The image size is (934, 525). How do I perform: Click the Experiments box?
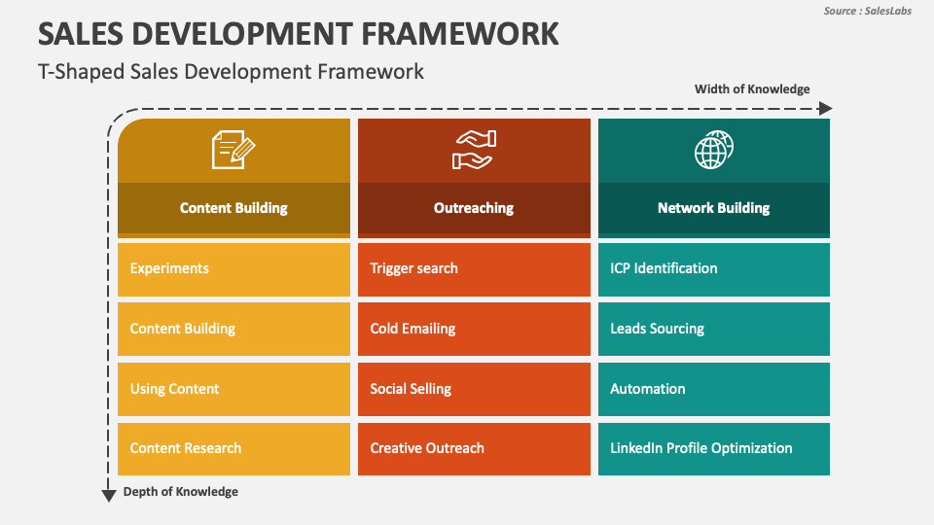coord(233,269)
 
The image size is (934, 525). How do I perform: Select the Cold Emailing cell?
coord(474,329)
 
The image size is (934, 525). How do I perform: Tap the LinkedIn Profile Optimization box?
coord(713,448)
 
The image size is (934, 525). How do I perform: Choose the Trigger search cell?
coord(474,269)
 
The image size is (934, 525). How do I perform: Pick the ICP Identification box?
coord(713,269)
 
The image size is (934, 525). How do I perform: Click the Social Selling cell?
coord(474,389)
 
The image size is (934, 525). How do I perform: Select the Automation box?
coord(713,389)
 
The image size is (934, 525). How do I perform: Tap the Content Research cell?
coord(233,448)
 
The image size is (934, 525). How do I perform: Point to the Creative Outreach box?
coord(474,448)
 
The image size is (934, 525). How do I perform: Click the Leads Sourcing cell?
coord(713,329)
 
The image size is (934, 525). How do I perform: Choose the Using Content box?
coord(233,389)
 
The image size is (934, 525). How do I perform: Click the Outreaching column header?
coord(474,208)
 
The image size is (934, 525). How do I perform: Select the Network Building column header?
coord(713,208)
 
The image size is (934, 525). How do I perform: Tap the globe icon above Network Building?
coord(713,151)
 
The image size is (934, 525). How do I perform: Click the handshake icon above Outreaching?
coord(474,151)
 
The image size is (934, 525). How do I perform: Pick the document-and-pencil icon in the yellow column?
coord(233,151)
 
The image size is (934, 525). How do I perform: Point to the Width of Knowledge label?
coord(751,89)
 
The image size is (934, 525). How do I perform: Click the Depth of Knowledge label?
coord(180,492)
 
